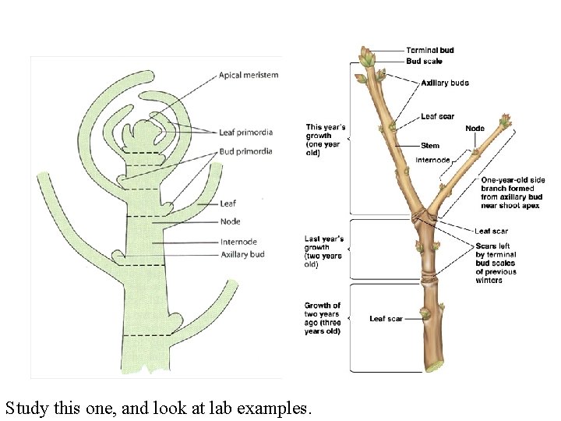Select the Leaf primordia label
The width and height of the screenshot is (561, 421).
245,132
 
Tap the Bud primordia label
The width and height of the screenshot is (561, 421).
245,151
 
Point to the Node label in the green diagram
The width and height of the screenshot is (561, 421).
230,221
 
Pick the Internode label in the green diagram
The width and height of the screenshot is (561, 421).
238,242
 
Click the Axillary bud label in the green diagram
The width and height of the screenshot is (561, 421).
242,254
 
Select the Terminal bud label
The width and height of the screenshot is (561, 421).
430,51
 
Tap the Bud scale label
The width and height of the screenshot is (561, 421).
424,61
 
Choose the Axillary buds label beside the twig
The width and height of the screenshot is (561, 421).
445,83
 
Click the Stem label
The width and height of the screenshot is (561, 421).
430,146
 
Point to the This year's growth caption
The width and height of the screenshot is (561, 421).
326,140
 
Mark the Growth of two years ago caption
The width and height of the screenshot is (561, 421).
323,318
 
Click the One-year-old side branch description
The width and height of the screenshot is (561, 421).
513,193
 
